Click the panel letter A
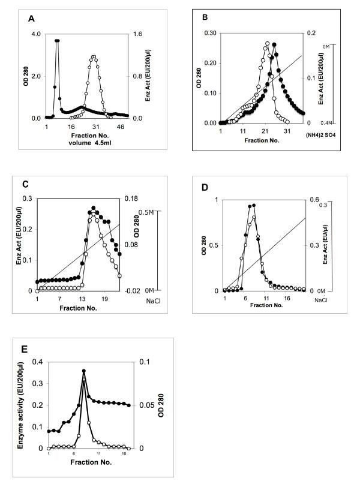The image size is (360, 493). (x=31, y=19)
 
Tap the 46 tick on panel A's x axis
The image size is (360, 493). (x=120, y=127)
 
